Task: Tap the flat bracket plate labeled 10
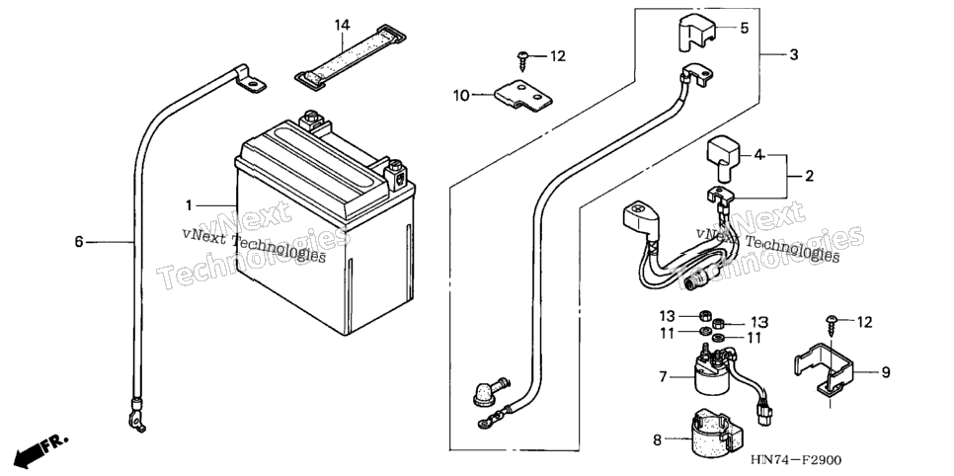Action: (523, 97)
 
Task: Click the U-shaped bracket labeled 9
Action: (823, 373)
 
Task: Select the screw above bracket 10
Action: (522, 58)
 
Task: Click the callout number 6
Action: (78, 242)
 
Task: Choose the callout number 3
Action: (793, 54)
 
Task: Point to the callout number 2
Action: (809, 177)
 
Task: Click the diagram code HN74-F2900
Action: (800, 459)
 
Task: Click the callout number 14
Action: (342, 25)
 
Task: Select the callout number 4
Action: (758, 155)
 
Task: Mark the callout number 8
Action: (657, 439)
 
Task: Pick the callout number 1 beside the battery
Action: (190, 205)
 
